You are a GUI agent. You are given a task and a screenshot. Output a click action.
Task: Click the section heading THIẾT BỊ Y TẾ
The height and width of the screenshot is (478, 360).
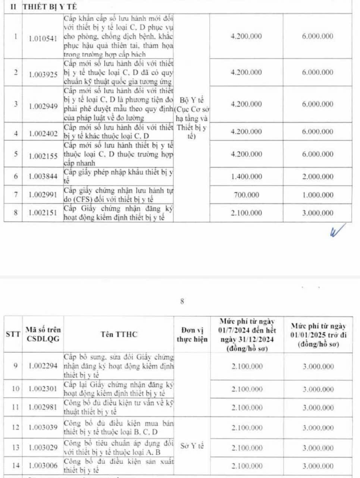click(50, 7)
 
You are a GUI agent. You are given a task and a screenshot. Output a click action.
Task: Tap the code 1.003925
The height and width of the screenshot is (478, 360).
click(43, 74)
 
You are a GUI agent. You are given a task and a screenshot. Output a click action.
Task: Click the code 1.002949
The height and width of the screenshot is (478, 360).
click(43, 106)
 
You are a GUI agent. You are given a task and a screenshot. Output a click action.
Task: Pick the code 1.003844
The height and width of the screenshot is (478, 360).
click(43, 177)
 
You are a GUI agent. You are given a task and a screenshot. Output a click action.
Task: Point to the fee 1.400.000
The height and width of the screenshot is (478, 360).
click(246, 177)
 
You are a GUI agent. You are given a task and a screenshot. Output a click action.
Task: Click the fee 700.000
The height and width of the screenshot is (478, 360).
click(246, 195)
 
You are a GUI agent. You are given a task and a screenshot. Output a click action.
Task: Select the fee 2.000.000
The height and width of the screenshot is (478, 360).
click(317, 177)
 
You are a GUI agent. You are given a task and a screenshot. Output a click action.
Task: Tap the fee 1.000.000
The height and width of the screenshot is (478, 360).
click(317, 195)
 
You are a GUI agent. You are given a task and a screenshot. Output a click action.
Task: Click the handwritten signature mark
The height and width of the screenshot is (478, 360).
click(338, 230)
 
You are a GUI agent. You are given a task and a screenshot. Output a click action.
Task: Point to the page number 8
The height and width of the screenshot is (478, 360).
click(182, 302)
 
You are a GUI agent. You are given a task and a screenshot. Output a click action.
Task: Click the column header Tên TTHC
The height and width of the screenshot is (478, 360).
click(119, 334)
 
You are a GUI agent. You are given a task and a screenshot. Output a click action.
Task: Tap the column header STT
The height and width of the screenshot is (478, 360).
click(13, 334)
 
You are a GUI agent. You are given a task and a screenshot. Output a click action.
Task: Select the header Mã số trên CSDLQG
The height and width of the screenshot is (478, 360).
click(43, 334)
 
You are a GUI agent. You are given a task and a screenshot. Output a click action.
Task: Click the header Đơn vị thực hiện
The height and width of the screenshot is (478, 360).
click(192, 335)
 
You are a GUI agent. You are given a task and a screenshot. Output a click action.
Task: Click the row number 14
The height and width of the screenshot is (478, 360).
click(15, 466)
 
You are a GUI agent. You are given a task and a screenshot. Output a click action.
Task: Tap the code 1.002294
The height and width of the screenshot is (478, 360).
click(43, 366)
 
